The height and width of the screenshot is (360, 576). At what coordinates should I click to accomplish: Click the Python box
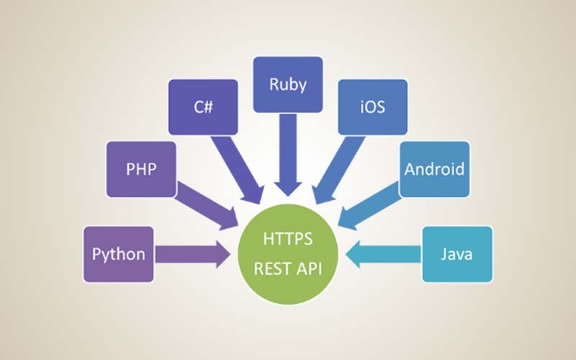(x=119, y=253)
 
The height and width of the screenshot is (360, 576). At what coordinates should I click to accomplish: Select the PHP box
(x=141, y=168)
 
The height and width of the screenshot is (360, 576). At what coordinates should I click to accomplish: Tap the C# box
(x=202, y=107)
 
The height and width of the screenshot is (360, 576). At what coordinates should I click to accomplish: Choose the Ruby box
(x=288, y=85)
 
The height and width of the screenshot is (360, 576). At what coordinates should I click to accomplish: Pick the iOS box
(x=372, y=107)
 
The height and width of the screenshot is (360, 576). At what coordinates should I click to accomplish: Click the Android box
(x=434, y=169)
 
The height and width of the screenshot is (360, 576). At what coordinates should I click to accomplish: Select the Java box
(x=457, y=253)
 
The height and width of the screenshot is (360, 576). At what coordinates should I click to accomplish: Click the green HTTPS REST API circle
(x=288, y=253)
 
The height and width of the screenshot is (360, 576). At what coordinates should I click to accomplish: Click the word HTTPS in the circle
(x=288, y=239)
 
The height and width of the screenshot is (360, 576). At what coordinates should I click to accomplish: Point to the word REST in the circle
(x=271, y=268)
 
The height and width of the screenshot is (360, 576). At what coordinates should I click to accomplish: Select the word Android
(x=434, y=170)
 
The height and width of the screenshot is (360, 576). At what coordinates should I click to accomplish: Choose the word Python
(x=119, y=254)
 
